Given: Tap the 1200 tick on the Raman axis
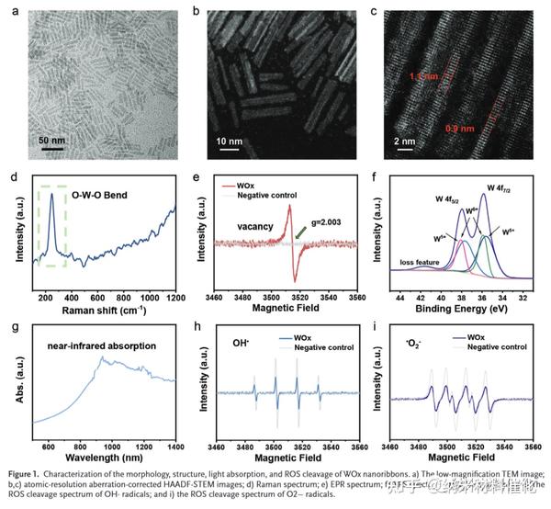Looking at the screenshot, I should pyautogui.click(x=174, y=300).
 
